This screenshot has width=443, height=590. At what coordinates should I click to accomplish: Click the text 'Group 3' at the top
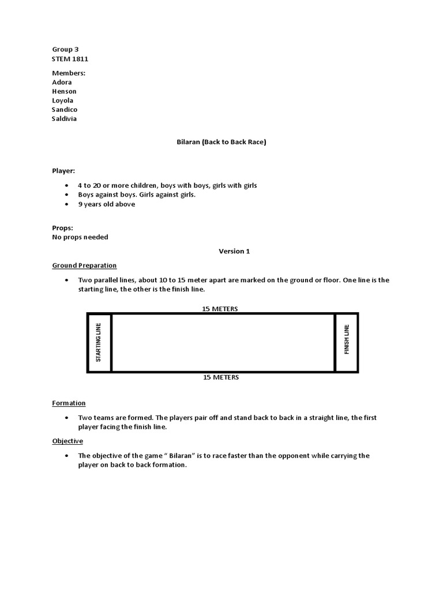pos(65,50)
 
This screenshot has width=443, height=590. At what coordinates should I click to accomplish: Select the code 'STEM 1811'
pos(70,59)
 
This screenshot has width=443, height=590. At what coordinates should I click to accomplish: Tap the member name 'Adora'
pos(62,82)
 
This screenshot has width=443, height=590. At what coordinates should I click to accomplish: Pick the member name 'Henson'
pos(64,91)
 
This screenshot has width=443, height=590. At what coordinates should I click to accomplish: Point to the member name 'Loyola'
pos(63,100)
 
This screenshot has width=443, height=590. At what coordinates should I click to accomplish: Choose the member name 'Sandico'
pos(65,109)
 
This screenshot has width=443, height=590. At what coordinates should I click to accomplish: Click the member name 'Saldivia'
pos(64,119)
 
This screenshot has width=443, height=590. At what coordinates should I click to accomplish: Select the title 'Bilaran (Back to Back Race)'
pos(221,142)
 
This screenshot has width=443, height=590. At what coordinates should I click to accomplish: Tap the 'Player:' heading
pos(63,171)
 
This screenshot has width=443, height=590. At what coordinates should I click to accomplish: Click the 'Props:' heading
pos(62,228)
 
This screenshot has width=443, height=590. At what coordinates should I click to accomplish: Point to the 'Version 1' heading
pos(234,251)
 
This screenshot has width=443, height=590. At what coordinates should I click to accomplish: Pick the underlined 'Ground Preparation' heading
pos(84,266)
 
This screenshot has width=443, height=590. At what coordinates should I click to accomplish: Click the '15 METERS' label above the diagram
pos(220,309)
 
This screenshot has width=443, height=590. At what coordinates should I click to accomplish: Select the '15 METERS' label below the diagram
pos(221,377)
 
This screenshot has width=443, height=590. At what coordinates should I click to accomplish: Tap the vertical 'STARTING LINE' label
pos(99,342)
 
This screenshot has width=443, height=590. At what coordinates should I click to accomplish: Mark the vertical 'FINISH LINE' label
pos(347,340)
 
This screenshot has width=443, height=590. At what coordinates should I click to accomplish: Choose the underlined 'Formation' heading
pos(69,403)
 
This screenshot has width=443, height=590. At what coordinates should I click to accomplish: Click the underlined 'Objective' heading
pos(67,441)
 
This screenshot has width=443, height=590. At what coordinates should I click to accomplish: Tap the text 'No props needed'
pos(80,237)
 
